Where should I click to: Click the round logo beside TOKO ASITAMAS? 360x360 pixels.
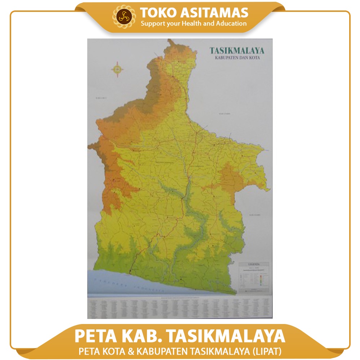pyautogui.click(x=125, y=17)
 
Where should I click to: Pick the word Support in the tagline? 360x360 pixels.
pyautogui.click(x=153, y=24)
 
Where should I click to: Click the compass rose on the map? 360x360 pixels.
pyautogui.click(x=117, y=69)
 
